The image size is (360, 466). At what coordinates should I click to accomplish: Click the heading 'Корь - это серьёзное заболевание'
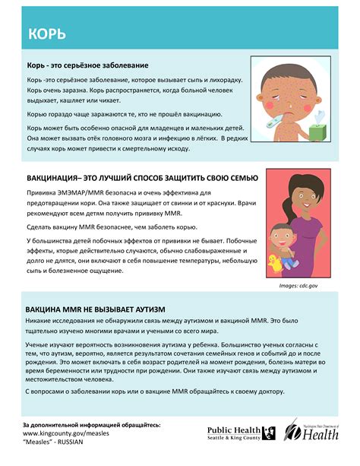point(87,65)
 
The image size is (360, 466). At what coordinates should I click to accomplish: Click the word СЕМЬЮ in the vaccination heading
point(242,178)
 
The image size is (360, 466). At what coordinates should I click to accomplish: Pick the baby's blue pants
point(292,262)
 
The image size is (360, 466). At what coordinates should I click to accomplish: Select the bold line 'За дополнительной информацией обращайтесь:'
point(91,424)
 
